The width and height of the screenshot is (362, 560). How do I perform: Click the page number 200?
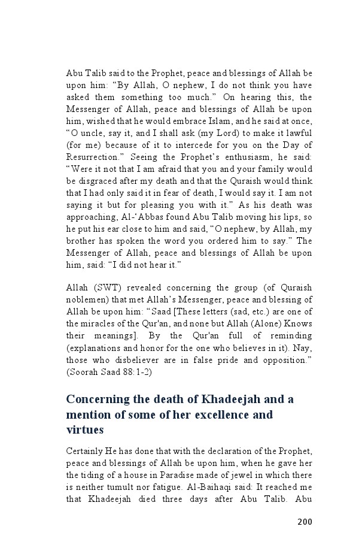[x=305, y=522]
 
